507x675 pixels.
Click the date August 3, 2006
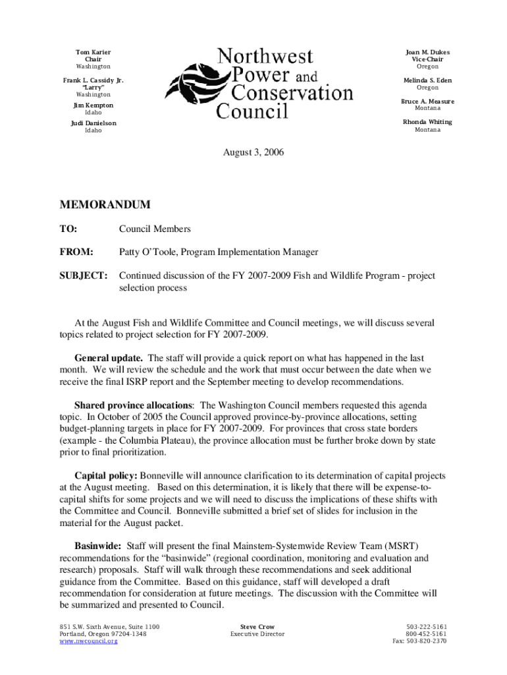point(254,152)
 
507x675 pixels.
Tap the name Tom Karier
point(93,52)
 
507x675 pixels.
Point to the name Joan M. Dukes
point(427,52)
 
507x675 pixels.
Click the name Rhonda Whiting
point(427,122)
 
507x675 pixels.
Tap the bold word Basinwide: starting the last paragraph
point(98,546)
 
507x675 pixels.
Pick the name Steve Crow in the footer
point(257,626)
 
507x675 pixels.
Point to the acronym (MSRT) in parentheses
point(400,546)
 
